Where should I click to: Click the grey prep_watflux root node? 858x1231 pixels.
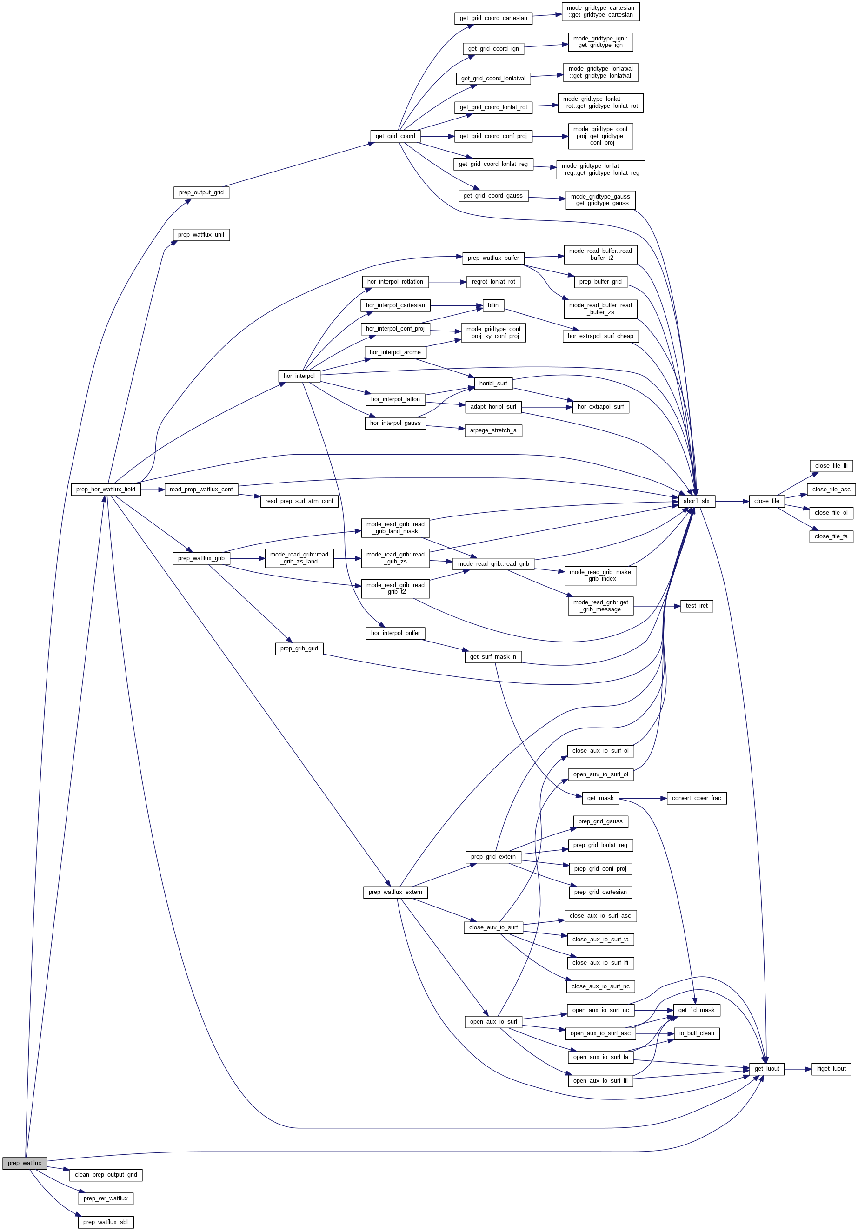point(24,1163)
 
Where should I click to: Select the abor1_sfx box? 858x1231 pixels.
point(696,501)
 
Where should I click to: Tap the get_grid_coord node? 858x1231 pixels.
point(395,136)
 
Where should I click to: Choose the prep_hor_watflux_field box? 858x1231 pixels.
point(106,490)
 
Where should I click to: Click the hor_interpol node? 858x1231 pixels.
point(299,376)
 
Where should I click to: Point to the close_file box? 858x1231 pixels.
point(766,501)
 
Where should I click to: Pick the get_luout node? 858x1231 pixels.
point(766,1069)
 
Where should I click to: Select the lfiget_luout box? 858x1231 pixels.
point(831,1069)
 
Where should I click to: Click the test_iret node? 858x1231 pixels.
point(696,606)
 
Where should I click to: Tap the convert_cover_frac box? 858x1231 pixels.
point(696,798)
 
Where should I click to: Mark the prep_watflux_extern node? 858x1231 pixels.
point(395,892)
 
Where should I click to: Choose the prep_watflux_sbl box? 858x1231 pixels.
point(106,1222)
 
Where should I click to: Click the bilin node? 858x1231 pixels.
point(493,305)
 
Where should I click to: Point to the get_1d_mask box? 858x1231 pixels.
point(696,1010)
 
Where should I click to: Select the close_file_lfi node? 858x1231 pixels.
point(831,466)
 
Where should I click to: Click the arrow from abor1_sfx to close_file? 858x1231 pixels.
point(732,501)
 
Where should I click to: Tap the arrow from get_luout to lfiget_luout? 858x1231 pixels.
point(798,1069)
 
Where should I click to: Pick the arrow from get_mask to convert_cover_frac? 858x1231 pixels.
point(643,798)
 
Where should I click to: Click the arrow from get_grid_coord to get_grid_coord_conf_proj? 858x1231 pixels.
point(437,137)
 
